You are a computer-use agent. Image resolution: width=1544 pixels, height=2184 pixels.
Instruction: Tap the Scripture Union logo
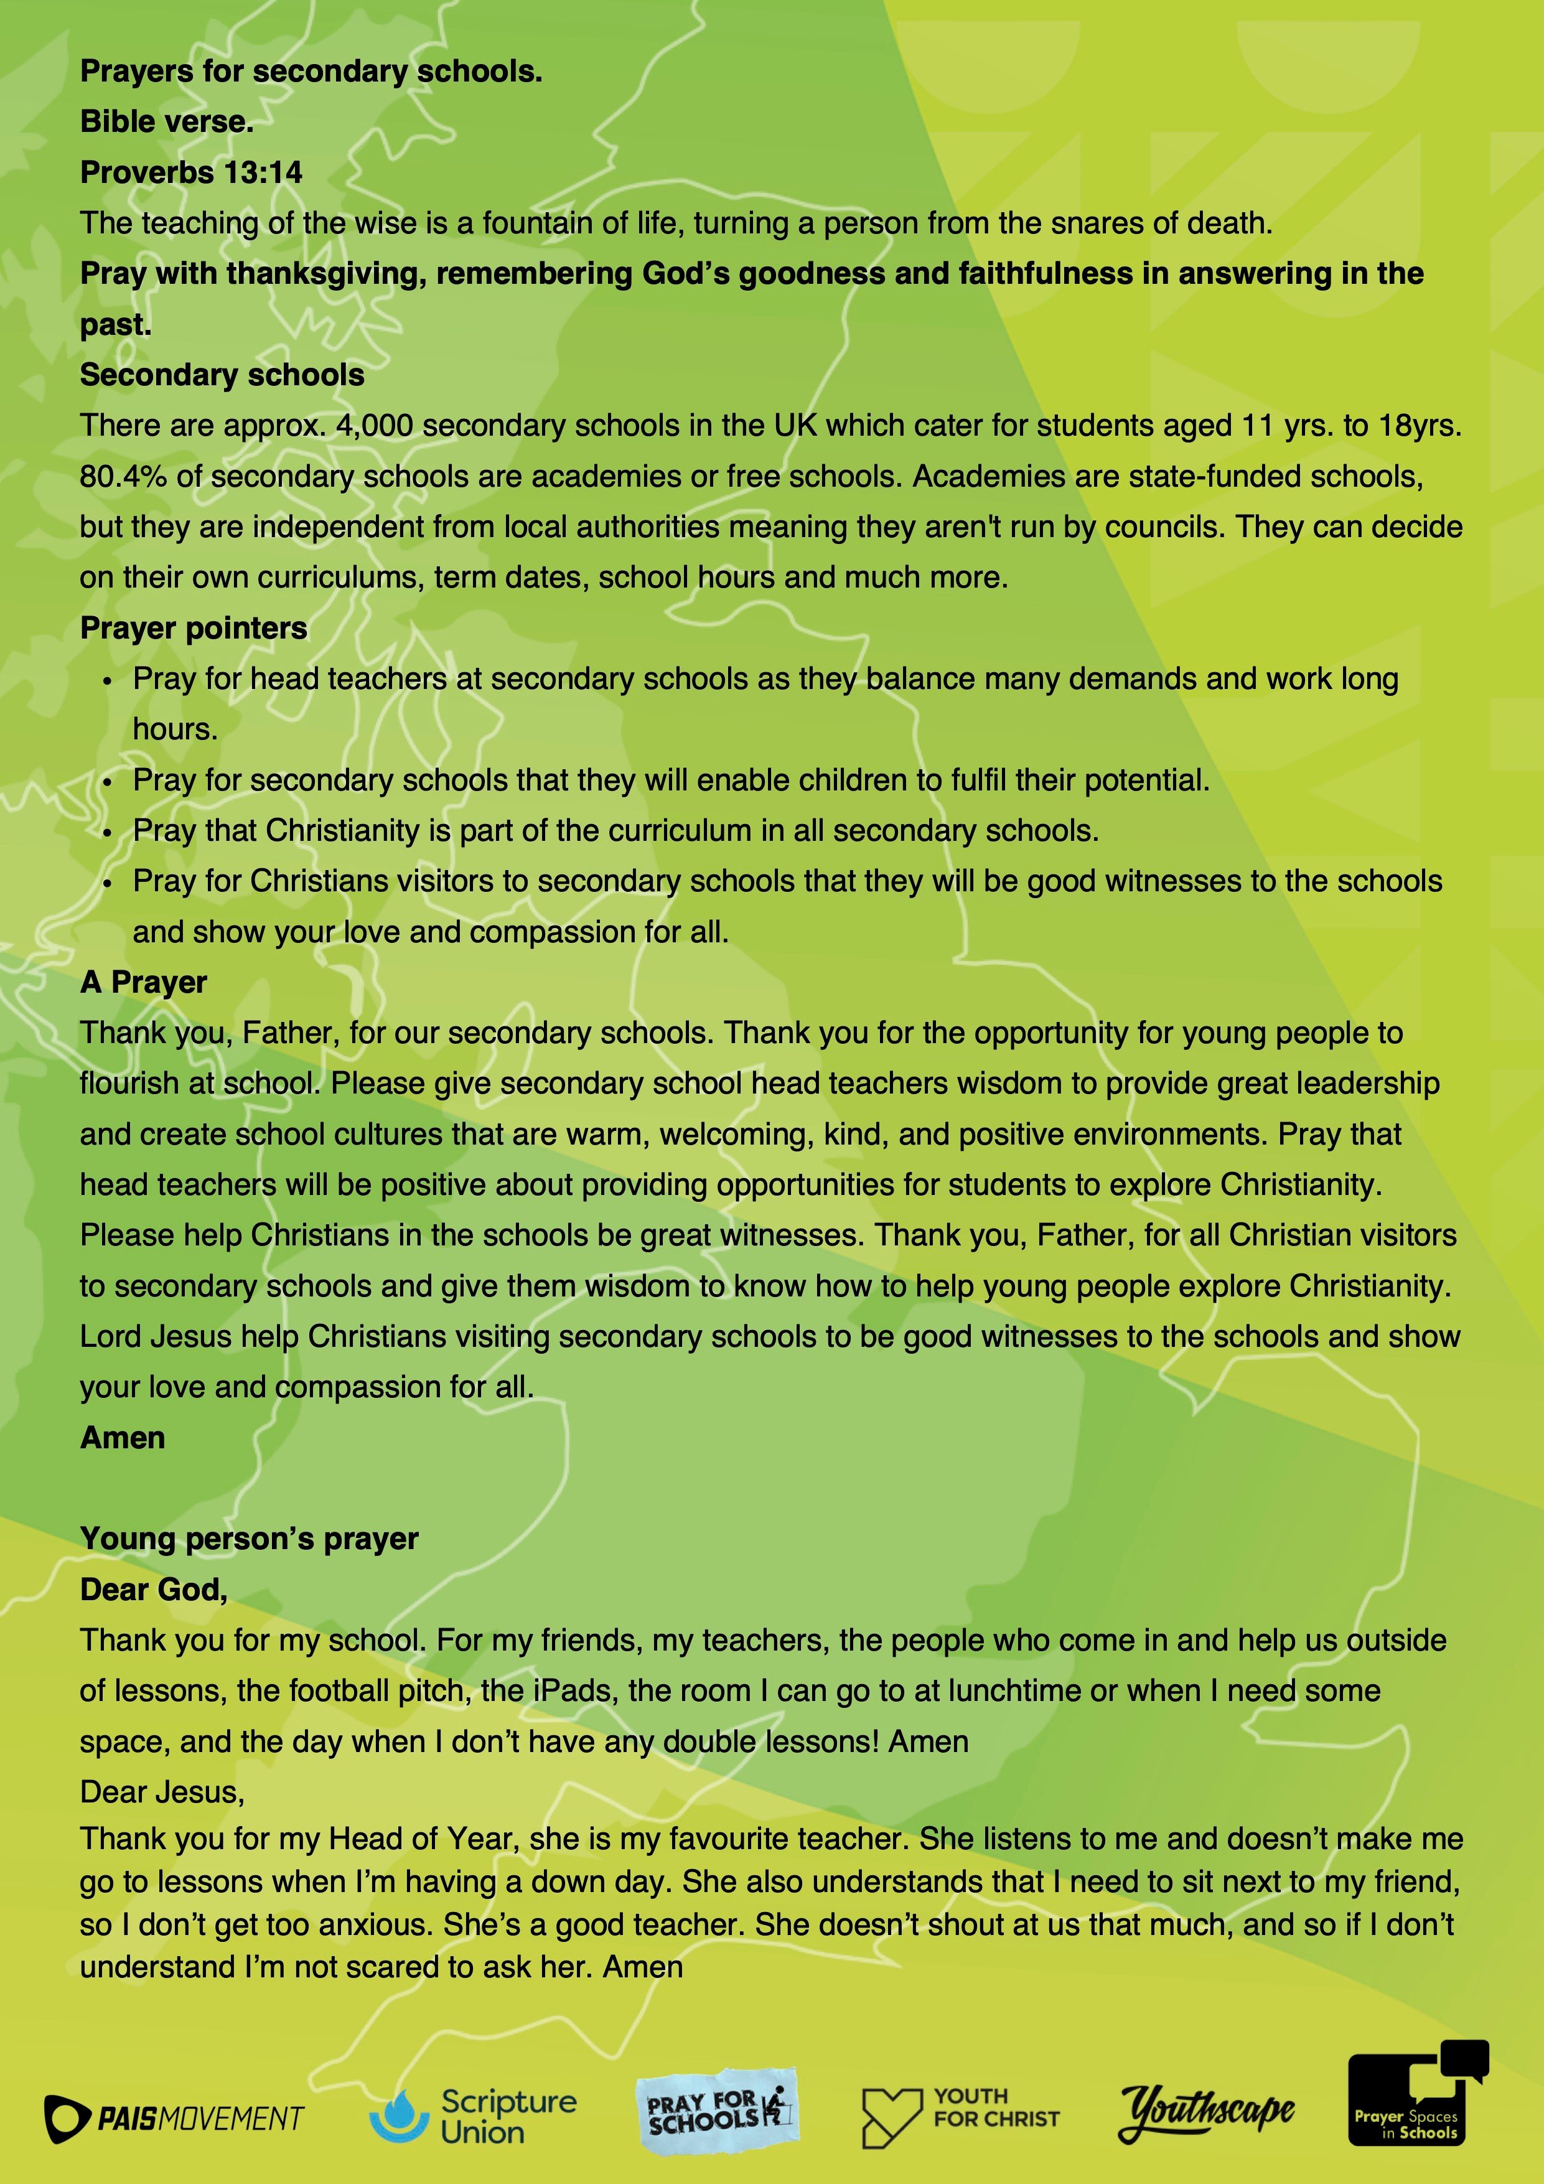point(473,2116)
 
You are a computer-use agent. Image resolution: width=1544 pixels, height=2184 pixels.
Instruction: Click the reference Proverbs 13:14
point(191,172)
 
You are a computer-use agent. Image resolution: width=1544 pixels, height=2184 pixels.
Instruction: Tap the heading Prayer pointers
point(193,628)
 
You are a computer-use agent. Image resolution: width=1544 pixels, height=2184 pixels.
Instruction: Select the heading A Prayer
point(144,982)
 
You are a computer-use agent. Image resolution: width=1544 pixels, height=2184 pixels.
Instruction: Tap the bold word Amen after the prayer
point(123,1437)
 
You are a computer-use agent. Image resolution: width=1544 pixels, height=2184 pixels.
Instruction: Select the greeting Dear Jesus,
point(162,1791)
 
